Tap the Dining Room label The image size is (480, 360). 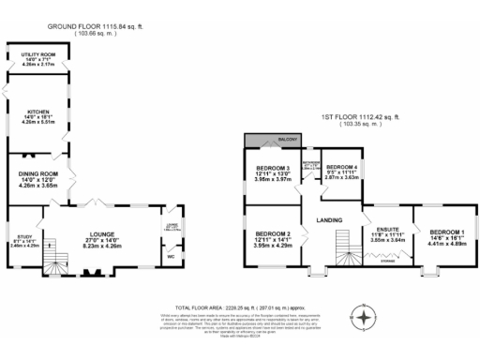pos(37,174)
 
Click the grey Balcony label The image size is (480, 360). pos(286,140)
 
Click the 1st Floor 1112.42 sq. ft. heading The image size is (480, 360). pos(359,118)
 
